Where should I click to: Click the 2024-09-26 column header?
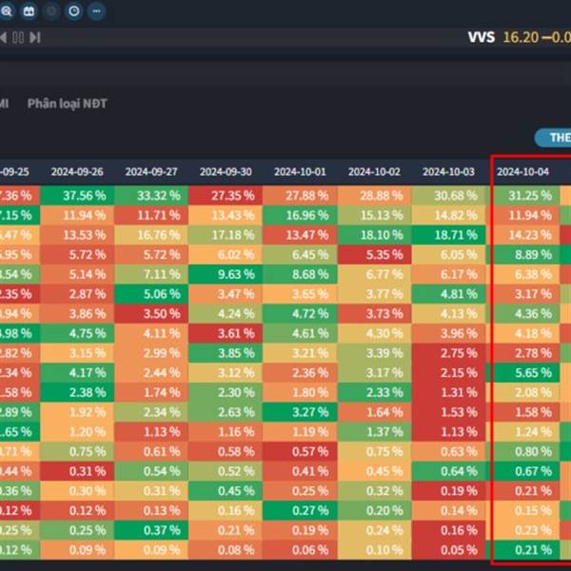pos(77,172)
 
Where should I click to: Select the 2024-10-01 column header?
pos(300,172)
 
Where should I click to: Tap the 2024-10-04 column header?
pos(522,172)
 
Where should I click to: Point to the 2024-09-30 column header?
pos(226,172)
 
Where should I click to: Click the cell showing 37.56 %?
pos(77,195)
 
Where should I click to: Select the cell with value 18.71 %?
pos(448,234)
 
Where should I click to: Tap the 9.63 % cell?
pos(226,274)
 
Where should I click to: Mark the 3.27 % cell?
pos(300,413)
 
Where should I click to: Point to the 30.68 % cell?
pos(448,195)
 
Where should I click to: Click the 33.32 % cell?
pos(151,195)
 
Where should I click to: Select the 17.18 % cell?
pos(226,234)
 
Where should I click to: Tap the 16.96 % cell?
pos(300,215)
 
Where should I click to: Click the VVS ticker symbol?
pos(481,37)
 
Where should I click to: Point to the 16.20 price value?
pos(521,37)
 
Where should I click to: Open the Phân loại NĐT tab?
pos(68,103)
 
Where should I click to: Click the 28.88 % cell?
pos(374,195)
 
